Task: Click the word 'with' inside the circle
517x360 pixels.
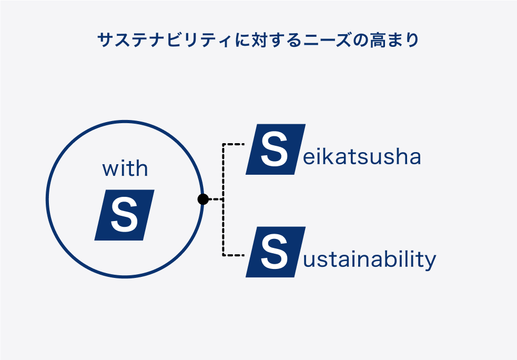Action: [125, 168]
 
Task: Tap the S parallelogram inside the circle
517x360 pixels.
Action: [124, 215]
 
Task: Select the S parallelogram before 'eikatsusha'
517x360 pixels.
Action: [276, 149]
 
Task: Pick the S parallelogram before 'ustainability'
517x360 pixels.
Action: [276, 252]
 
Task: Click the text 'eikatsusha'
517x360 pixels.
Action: [362, 156]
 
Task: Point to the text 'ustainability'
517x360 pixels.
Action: [370, 259]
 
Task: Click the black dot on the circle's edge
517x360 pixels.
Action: [203, 199]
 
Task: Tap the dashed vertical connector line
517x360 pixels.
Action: [223, 199]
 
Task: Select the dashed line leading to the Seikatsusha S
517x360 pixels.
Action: [234, 144]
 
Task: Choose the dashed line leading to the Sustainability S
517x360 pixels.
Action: [234, 255]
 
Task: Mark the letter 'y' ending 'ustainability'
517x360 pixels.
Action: [430, 262]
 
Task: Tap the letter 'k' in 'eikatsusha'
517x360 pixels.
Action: [331, 156]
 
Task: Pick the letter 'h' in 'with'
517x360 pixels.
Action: [142, 168]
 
